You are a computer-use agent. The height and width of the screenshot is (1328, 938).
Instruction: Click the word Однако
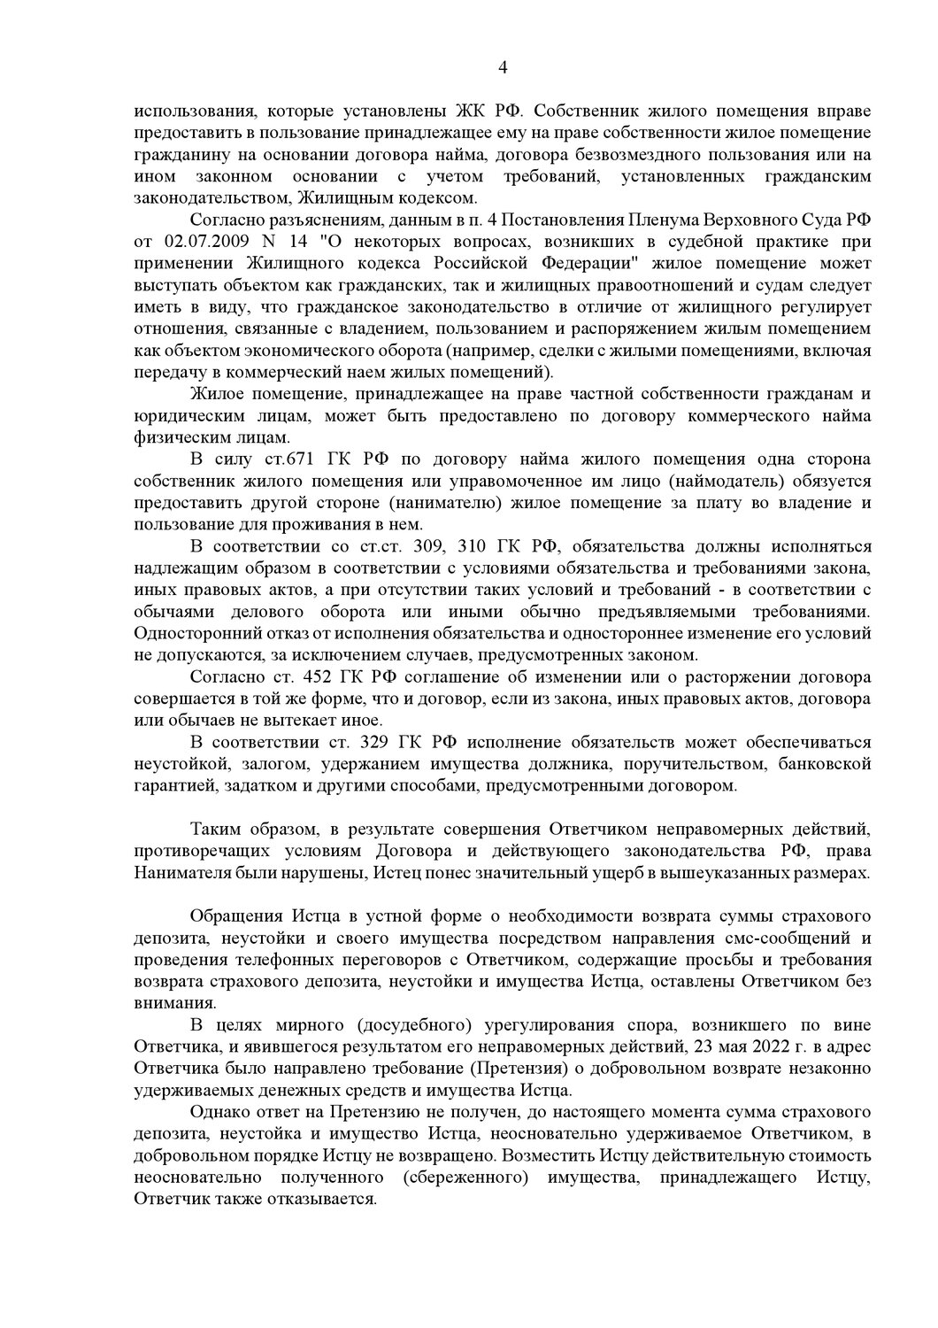click(217, 1113)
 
